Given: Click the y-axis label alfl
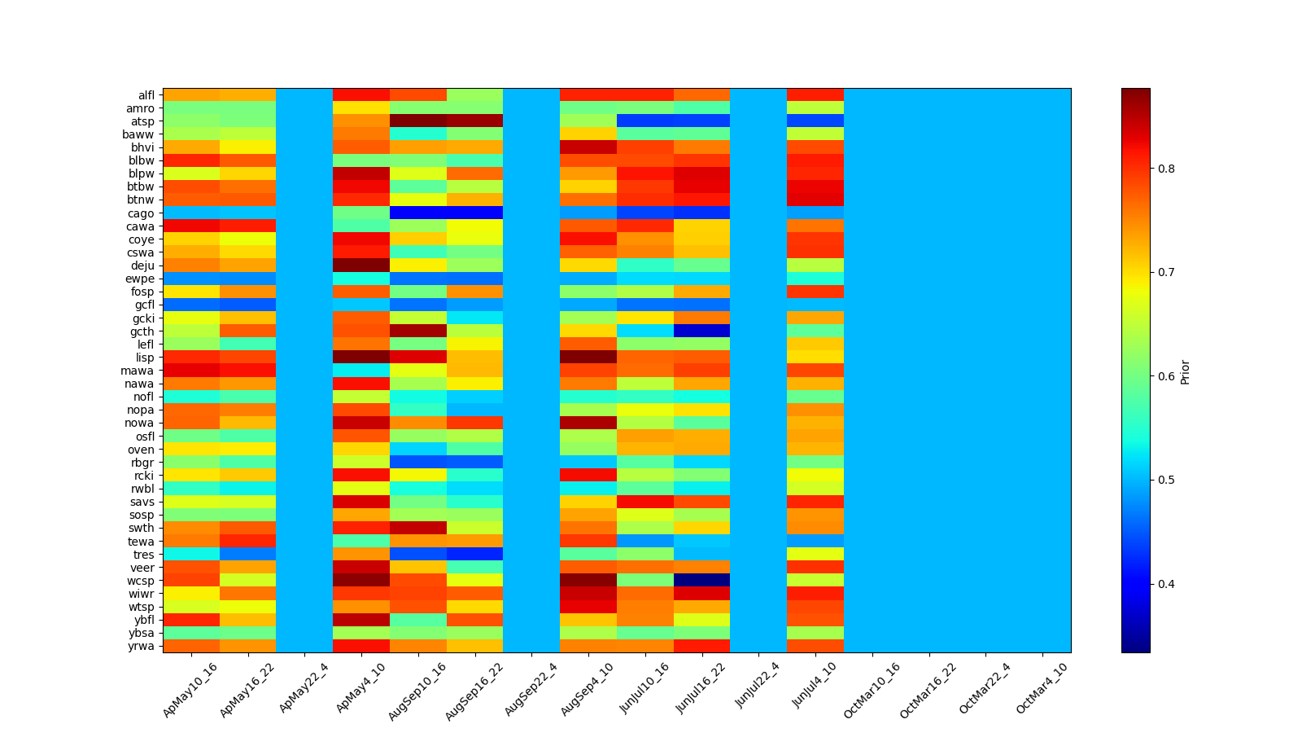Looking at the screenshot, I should coord(146,95).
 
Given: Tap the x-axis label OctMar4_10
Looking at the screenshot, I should coord(1042,689).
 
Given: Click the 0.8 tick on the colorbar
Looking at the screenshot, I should coord(1166,169).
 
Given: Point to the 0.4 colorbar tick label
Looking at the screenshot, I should coord(1166,584).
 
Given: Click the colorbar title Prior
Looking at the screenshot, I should coord(1185,371).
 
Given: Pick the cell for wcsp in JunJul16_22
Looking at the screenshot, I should coord(701,581).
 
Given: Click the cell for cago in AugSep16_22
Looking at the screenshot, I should coord(474,213).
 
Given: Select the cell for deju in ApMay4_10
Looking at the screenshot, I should coord(360,266).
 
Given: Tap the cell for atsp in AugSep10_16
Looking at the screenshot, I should coord(417,121).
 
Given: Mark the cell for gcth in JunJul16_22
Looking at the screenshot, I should coord(701,331).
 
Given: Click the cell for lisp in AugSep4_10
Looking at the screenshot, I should coord(588,358).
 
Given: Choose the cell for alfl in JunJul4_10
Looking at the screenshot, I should coord(815,95).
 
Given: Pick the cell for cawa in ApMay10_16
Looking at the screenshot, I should coord(190,226).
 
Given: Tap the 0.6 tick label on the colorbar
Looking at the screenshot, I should coord(1166,376).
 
